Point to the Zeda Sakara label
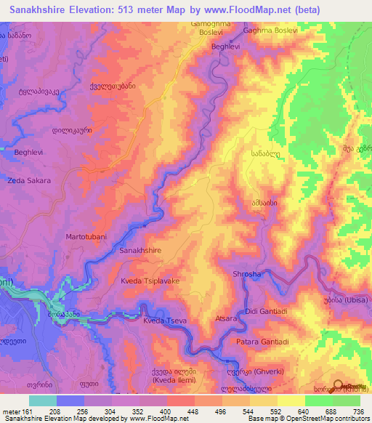tap(29, 180)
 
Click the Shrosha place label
tap(246, 274)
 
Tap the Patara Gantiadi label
tap(262, 342)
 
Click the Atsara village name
tap(227, 318)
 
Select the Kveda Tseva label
tap(165, 321)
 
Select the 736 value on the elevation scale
tap(360, 411)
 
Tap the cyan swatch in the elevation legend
tap(42, 400)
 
